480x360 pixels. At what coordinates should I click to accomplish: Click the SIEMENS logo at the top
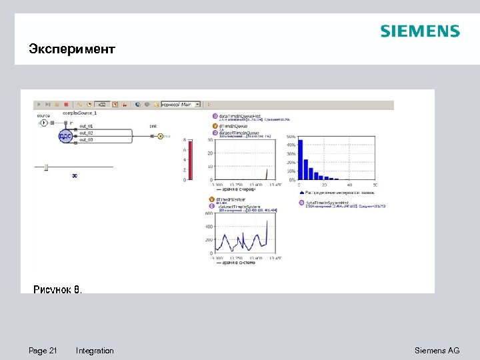[419, 31]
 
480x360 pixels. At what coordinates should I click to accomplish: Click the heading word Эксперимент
[72, 49]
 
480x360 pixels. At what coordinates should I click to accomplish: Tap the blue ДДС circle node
[65, 136]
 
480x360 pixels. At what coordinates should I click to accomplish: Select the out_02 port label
[87, 133]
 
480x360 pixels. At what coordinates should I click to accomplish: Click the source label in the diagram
[43, 115]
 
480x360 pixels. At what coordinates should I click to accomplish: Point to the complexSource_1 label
[80, 113]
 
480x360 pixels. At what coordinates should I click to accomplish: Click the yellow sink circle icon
[160, 136]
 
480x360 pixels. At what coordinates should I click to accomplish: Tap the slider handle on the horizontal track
[46, 166]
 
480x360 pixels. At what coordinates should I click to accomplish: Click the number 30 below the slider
[75, 176]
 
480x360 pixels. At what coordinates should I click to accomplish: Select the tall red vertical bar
[189, 159]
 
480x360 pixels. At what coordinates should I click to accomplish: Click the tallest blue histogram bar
[301, 159]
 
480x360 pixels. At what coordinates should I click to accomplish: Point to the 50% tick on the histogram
[291, 137]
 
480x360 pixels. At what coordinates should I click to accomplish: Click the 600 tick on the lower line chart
[209, 213]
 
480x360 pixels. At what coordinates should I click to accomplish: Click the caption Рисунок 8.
[58, 289]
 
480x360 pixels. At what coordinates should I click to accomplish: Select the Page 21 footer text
[43, 351]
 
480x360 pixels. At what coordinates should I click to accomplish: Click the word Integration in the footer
[95, 351]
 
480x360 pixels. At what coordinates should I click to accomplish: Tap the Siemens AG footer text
[437, 351]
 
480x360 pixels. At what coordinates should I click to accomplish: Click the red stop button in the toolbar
[65, 105]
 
